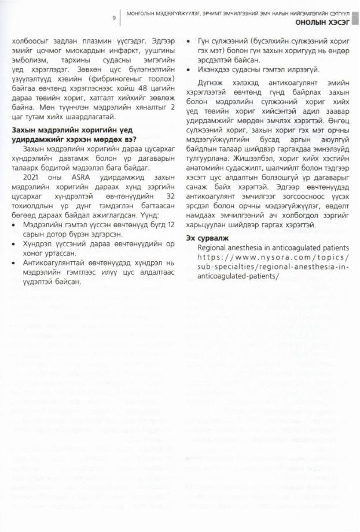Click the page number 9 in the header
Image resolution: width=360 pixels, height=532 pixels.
113,17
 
